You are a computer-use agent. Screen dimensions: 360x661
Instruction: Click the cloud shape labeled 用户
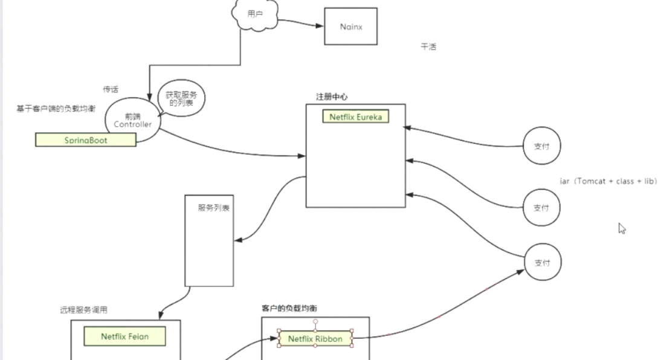click(255, 13)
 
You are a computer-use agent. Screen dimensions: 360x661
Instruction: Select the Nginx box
click(350, 26)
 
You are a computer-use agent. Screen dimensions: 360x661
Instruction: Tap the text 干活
click(428, 47)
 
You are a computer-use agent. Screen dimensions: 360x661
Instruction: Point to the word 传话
click(110, 89)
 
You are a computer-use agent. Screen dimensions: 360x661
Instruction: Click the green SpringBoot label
click(86, 140)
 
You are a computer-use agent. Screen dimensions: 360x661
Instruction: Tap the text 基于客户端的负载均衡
click(56, 109)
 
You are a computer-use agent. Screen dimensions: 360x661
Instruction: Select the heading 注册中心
click(331, 97)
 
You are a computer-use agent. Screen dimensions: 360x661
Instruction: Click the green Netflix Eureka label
click(355, 117)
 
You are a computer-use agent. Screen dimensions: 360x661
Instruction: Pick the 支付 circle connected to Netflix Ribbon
click(541, 263)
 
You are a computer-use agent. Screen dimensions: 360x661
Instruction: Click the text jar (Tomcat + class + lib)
click(608, 181)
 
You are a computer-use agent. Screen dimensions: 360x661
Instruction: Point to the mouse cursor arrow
click(622, 228)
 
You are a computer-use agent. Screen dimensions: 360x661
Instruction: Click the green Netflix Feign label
click(124, 336)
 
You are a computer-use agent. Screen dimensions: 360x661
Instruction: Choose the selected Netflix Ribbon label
click(315, 339)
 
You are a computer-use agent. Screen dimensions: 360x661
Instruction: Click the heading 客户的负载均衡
click(290, 308)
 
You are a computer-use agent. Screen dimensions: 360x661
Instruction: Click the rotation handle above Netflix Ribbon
click(315, 321)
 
